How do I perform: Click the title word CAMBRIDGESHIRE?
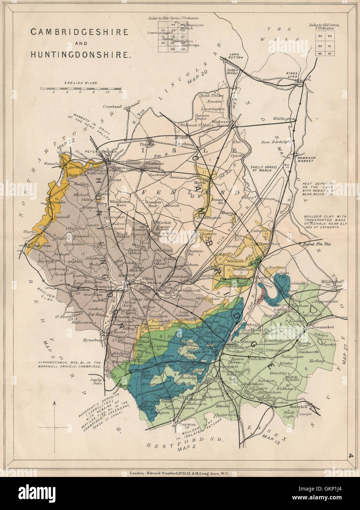click(x=79, y=32)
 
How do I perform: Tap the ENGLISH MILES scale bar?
click(x=81, y=88)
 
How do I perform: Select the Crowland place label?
click(x=112, y=106)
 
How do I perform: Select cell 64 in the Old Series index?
click(x=320, y=36)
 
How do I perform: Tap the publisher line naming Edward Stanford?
click(x=180, y=473)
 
